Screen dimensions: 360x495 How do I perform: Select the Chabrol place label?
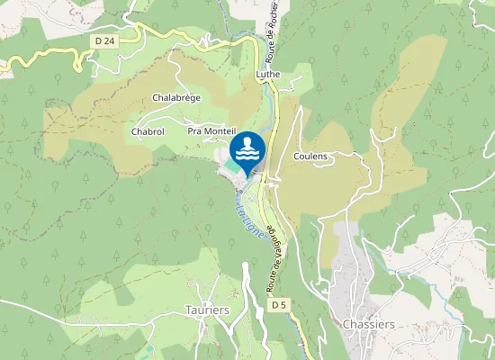[148, 131]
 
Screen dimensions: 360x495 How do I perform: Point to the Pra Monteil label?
[211, 131]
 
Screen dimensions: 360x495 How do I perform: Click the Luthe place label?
[268, 75]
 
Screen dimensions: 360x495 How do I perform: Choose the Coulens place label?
[310, 157]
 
